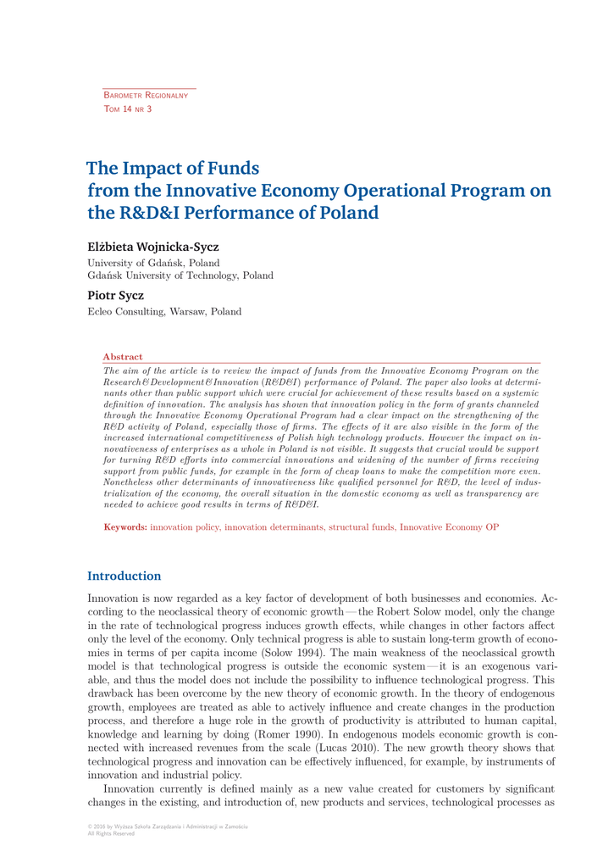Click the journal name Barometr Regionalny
[145, 97]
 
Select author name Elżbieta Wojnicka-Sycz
[153, 247]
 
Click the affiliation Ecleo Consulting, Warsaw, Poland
[164, 311]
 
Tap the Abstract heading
[123, 357]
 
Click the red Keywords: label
[125, 526]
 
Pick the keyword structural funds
[362, 526]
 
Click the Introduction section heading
[124, 576]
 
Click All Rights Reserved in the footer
[111, 833]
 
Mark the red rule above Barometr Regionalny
[149, 87]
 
